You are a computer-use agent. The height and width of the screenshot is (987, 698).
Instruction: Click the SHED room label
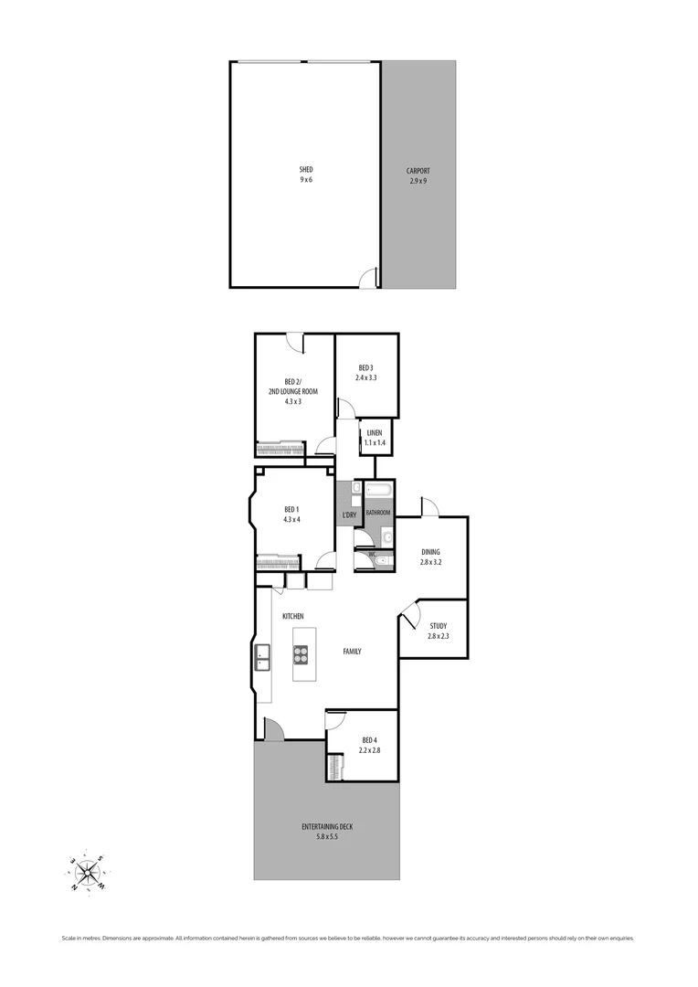tap(305, 170)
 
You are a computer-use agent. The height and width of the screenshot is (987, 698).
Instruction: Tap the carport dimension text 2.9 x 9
tap(418, 181)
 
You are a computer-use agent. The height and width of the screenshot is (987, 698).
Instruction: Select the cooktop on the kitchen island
tap(301, 654)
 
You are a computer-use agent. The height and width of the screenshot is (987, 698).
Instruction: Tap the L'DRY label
tap(349, 515)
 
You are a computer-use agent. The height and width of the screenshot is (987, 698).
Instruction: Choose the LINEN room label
tap(375, 432)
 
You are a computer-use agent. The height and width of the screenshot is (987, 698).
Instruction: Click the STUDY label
tap(438, 626)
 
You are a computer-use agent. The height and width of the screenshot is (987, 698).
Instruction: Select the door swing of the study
tap(408, 613)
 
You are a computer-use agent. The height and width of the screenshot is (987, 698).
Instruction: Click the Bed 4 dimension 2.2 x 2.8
tap(368, 750)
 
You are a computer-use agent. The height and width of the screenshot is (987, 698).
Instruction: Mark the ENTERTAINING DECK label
tap(327, 827)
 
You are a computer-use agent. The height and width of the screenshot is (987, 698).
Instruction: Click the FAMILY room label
tap(352, 652)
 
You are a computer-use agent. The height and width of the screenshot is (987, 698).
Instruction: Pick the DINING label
tap(430, 552)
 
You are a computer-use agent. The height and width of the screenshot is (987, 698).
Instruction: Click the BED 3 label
tap(366, 367)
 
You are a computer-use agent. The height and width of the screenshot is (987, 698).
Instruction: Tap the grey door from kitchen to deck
tap(272, 729)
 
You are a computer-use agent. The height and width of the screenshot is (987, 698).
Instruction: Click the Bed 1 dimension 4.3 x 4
tap(291, 519)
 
